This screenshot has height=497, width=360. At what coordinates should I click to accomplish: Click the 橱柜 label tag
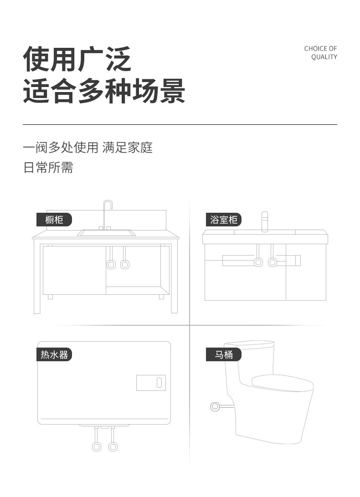tap(54, 220)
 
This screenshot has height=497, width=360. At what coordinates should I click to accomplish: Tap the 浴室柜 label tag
tap(223, 220)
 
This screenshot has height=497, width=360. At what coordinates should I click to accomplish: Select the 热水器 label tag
tap(54, 354)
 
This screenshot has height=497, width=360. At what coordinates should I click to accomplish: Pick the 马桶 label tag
tap(223, 354)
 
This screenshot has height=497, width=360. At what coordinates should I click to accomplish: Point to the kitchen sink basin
tap(106, 233)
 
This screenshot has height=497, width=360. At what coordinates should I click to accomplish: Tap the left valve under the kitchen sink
tap(111, 264)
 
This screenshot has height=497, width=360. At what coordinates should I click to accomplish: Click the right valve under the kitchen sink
tap(124, 264)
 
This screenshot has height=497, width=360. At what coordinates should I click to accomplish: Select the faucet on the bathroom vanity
tap(264, 221)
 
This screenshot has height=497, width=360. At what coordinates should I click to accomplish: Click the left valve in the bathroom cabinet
tap(258, 262)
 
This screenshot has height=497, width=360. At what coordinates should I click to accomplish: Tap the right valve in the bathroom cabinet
tap(272, 262)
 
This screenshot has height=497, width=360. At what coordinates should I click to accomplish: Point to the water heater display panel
tap(151, 383)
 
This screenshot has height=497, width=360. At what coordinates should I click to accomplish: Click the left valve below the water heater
tap(97, 446)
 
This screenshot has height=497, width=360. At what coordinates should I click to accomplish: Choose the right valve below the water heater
tap(113, 446)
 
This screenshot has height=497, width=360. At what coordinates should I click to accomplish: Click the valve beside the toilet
tap(215, 407)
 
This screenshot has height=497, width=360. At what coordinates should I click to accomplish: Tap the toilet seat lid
tap(283, 381)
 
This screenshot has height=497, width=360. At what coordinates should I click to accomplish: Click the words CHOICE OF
tap(320, 49)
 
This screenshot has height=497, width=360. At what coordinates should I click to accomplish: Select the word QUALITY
tap(324, 57)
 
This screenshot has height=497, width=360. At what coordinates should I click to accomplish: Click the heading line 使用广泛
tap(77, 59)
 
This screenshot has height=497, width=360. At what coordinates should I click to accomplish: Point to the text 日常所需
tap(48, 168)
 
